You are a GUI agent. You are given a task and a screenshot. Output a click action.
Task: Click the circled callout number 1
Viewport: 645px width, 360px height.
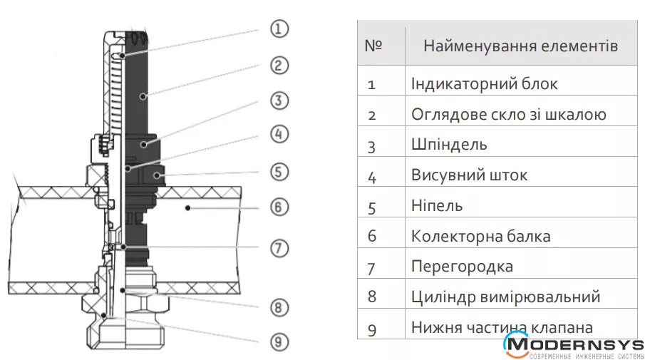pos(279,29)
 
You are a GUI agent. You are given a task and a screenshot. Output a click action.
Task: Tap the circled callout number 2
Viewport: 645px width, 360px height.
pos(279,65)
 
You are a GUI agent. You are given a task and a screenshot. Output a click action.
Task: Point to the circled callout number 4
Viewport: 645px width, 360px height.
pos(279,134)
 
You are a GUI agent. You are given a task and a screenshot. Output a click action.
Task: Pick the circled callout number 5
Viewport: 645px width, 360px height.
pos(279,171)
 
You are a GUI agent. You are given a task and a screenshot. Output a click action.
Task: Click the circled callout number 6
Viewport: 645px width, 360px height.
pos(279,207)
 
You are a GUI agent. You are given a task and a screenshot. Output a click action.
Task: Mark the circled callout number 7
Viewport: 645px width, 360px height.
pos(279,248)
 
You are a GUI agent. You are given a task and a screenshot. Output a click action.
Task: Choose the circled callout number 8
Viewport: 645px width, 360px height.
pos(279,308)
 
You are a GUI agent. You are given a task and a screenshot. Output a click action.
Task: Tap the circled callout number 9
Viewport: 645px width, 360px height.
pos(279,341)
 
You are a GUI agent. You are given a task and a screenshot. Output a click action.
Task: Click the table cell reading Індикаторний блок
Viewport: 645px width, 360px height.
pos(484,83)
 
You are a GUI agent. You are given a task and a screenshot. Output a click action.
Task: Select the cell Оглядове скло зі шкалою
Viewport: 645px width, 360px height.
pos(508,114)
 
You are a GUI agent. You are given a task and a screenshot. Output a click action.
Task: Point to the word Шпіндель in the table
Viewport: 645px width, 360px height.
pos(449,145)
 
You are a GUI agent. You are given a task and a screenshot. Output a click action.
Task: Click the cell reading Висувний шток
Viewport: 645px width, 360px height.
pos(469,175)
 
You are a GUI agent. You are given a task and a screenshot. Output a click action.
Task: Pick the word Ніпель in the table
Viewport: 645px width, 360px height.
pos(437,205)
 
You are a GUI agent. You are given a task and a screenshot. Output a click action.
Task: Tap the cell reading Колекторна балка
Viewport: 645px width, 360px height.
pos(480,236)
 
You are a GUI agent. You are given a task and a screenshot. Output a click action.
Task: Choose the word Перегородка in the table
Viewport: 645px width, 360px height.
pos(462,267)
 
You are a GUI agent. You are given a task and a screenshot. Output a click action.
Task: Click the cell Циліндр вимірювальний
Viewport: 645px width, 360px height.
pos(505,297)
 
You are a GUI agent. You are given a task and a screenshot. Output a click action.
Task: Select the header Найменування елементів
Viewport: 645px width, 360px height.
pos(520,46)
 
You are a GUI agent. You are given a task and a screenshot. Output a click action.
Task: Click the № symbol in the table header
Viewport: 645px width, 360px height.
pos(373,46)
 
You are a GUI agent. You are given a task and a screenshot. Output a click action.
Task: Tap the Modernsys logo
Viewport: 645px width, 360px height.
pos(573,347)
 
